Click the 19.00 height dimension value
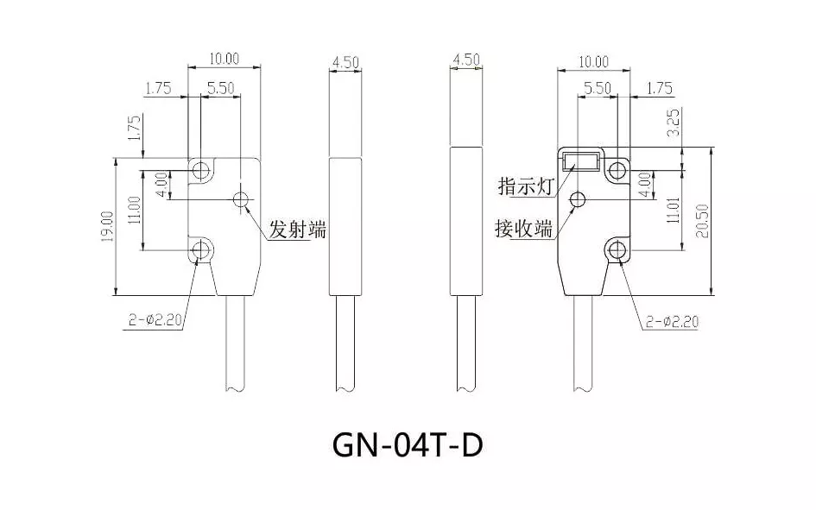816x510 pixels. (x=107, y=227)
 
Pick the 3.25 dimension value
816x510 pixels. (x=674, y=123)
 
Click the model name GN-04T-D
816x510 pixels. (x=406, y=447)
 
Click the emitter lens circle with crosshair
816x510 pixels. (x=241, y=200)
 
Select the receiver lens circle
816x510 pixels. (x=578, y=200)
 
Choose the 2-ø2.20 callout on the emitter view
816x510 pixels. (x=155, y=319)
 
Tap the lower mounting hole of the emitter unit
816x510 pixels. (x=200, y=251)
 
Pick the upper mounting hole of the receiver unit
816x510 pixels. (x=617, y=169)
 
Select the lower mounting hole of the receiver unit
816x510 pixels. (x=617, y=251)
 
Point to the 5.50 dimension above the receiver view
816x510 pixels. (x=597, y=88)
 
